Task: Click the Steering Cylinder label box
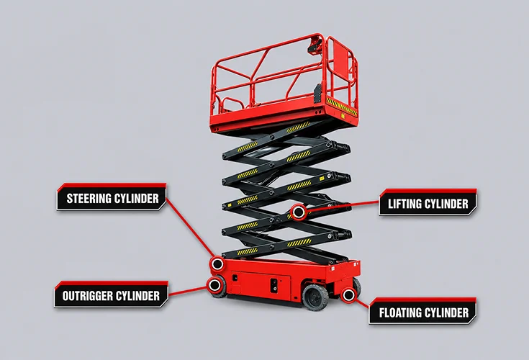[112, 197]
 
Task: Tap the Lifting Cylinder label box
[428, 202]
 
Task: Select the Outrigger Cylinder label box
[111, 294]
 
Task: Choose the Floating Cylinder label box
[422, 312]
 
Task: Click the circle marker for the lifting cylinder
[299, 212]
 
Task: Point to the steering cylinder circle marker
[217, 264]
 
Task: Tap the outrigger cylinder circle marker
[214, 285]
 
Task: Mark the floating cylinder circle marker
[348, 295]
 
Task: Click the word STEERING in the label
[89, 199]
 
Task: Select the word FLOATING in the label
[400, 312]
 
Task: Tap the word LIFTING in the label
[404, 204]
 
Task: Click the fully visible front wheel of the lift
[315, 297]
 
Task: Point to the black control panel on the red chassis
[274, 285]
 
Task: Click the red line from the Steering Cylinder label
[190, 228]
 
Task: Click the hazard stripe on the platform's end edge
[342, 107]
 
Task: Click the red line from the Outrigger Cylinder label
[188, 291]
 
